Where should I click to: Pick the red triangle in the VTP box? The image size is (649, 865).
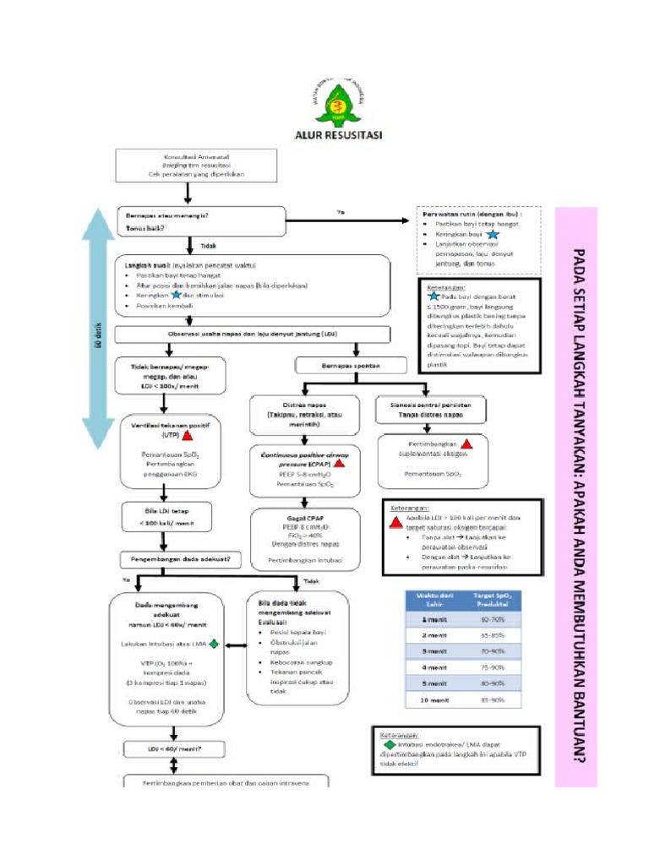coord(187,436)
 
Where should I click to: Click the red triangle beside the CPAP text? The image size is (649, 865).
coord(339,464)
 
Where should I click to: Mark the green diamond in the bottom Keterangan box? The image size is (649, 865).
coord(389,746)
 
